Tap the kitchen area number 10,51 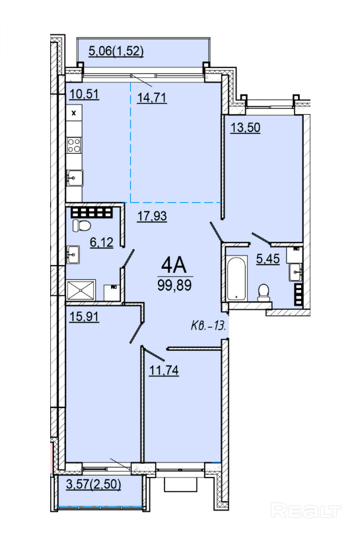84,94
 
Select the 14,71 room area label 152,98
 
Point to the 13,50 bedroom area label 245,127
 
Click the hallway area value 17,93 152,216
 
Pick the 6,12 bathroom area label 101,242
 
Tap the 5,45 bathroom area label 268,259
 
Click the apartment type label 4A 174,266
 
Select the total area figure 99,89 174,285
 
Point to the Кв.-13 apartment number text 208,326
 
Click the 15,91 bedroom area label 84,316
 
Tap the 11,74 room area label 164,370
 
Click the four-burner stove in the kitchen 74,145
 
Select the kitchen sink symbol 75,178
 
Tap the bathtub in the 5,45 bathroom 236,279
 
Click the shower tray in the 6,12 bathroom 81,291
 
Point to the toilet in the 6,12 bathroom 81,226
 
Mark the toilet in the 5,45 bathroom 264,293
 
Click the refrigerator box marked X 74,113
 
